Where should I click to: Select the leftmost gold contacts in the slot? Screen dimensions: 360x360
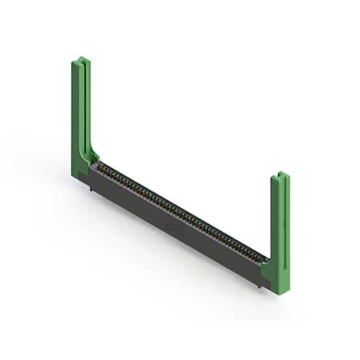click(x=103, y=166)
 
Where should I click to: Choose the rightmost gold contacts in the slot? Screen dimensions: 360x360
click(x=260, y=256)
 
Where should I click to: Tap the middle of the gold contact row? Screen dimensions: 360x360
click(x=180, y=210)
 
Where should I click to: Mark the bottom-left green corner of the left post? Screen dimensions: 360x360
click(x=74, y=174)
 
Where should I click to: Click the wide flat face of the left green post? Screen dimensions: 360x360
click(x=76, y=112)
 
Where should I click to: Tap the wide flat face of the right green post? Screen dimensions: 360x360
click(x=275, y=225)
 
